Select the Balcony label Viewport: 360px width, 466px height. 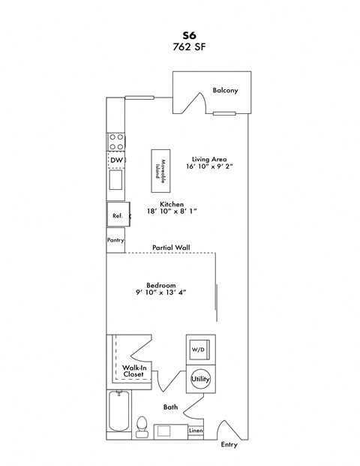point(225,91)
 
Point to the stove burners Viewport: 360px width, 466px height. point(116,142)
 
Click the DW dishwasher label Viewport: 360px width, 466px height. point(116,161)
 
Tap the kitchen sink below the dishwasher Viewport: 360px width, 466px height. point(116,181)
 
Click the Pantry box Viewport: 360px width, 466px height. point(115,241)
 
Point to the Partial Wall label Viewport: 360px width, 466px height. point(170,247)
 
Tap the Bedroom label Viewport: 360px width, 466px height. point(160,285)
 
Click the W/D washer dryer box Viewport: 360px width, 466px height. point(199,350)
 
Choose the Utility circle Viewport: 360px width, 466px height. point(200,380)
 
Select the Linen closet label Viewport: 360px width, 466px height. point(195,431)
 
